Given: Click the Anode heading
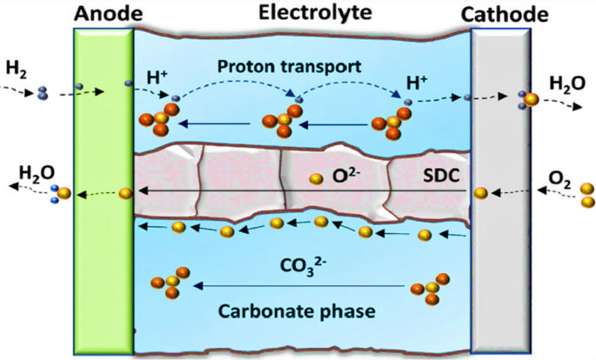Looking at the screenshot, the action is coord(104,13).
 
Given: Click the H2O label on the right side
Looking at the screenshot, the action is coord(566,84).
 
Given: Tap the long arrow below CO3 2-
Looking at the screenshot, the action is coord(300,285).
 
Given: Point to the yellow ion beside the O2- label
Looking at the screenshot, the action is coord(317,180).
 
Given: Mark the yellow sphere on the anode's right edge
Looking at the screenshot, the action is coord(125,192).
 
